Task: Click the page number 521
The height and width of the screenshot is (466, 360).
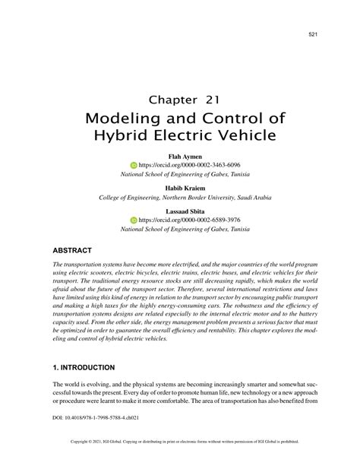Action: click(312, 34)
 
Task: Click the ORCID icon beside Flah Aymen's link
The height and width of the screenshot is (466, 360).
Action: click(134, 165)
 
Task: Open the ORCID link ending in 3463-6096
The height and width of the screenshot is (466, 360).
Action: click(189, 165)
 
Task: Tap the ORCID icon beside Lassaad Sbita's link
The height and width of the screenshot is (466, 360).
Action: click(134, 220)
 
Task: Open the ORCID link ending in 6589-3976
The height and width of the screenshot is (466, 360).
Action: click(189, 220)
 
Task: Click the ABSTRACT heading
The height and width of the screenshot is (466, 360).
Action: click(72, 249)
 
